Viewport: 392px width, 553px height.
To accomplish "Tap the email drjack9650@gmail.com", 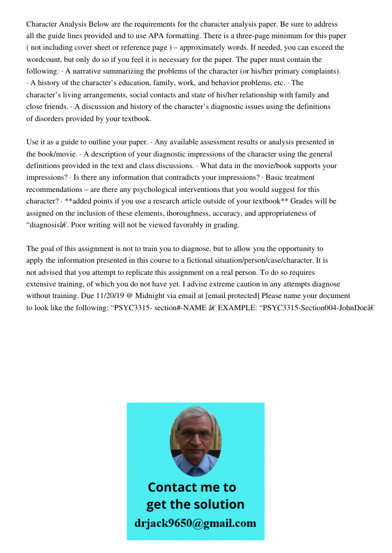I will pos(195,523).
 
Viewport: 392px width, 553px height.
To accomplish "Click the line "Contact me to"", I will pos(192,487).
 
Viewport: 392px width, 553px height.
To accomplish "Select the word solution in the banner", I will pos(218,504).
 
